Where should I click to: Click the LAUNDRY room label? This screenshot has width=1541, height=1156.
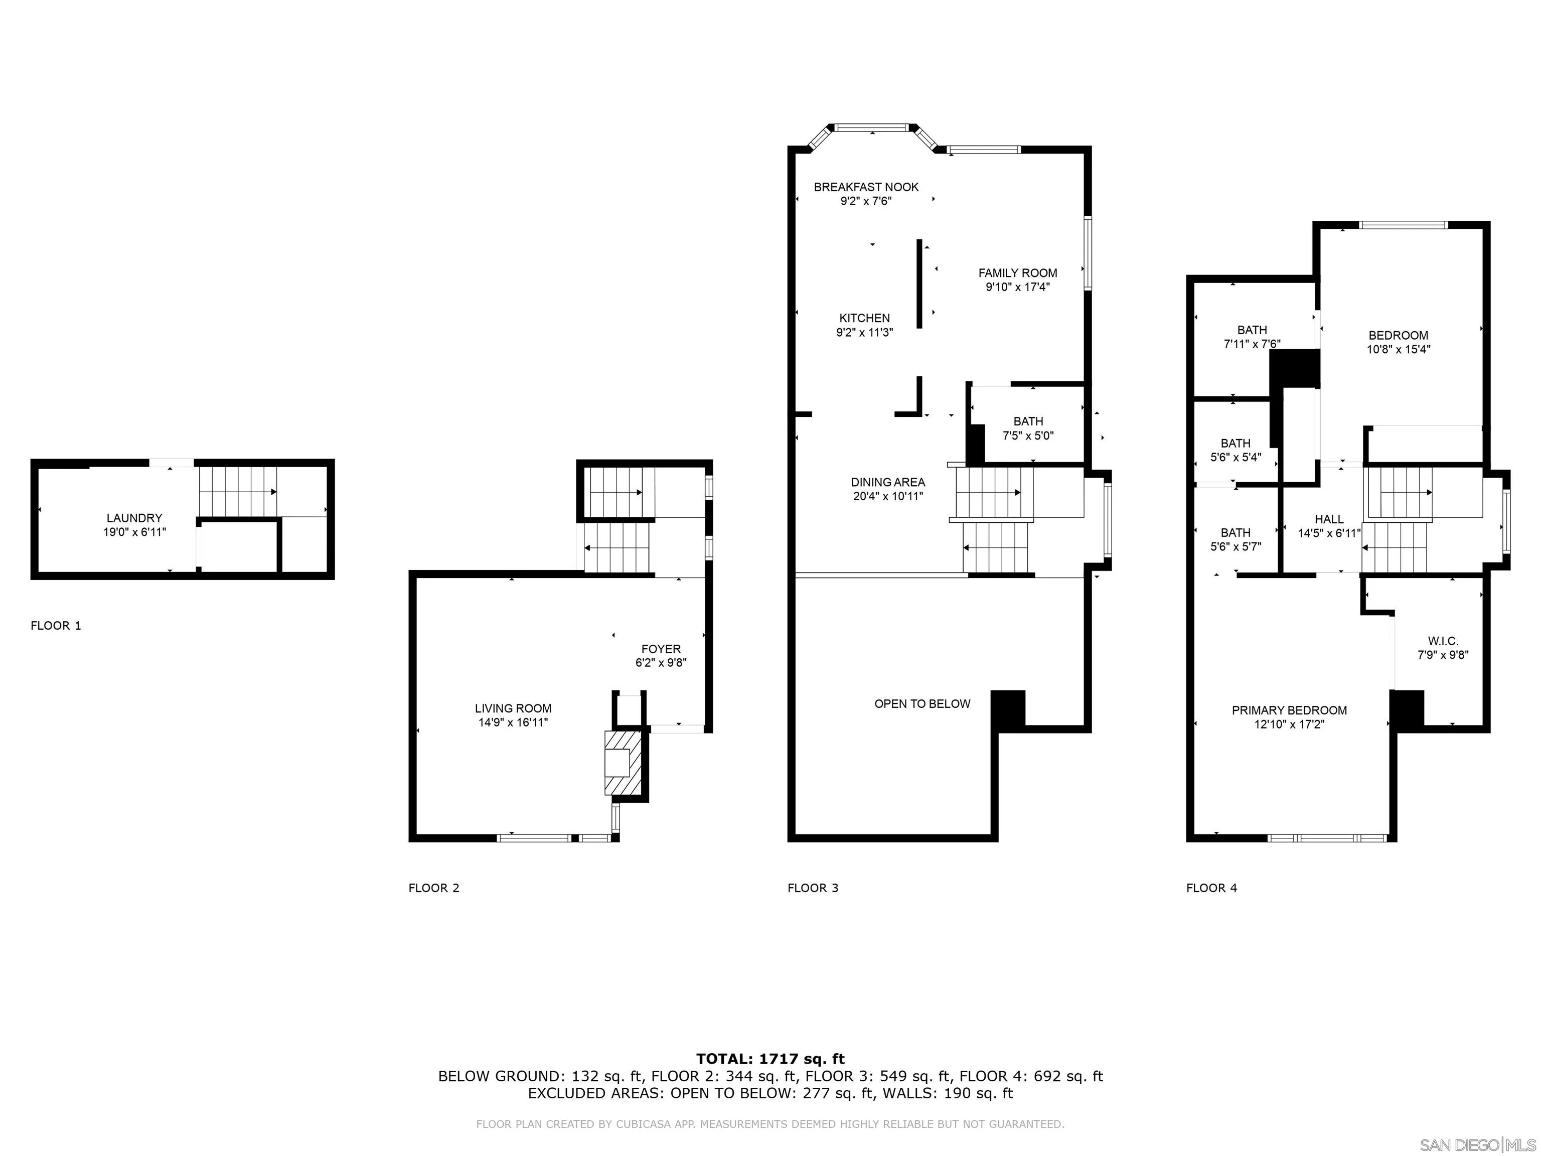pyautogui.click(x=134, y=518)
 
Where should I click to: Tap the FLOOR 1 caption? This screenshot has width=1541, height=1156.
pyautogui.click(x=56, y=626)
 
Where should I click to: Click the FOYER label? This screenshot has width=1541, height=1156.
pyautogui.click(x=661, y=649)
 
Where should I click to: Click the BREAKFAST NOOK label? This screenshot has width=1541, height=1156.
pyautogui.click(x=866, y=187)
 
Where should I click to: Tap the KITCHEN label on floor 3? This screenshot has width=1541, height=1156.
pyautogui.click(x=864, y=318)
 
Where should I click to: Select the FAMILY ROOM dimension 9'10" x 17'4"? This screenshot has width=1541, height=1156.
pyautogui.click(x=1017, y=287)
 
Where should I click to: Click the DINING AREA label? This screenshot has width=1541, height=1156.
pyautogui.click(x=887, y=482)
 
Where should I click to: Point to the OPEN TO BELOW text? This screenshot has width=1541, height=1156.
pyautogui.click(x=921, y=704)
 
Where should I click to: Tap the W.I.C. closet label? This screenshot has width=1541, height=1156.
pyautogui.click(x=1443, y=641)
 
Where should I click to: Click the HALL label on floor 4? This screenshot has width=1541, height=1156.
pyautogui.click(x=1328, y=519)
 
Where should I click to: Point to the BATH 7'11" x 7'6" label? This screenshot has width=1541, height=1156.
pyautogui.click(x=1252, y=330)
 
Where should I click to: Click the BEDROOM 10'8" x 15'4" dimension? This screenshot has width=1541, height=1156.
pyautogui.click(x=1398, y=350)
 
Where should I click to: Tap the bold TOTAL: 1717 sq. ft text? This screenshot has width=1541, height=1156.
pyautogui.click(x=770, y=1059)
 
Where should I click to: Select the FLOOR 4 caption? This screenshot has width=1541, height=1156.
pyautogui.click(x=1211, y=888)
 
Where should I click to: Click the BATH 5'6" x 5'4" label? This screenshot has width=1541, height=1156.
pyautogui.click(x=1235, y=443)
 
